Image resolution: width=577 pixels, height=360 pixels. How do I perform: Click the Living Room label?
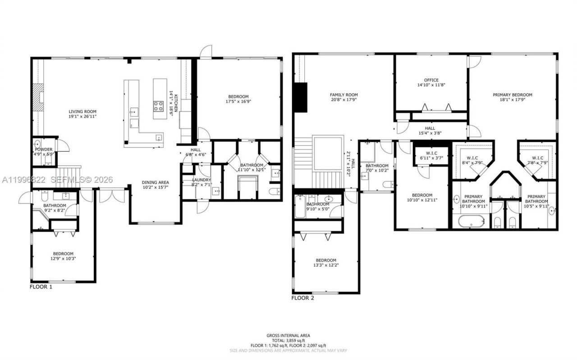(82, 111)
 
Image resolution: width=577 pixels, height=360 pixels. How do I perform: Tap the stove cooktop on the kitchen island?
(159, 106)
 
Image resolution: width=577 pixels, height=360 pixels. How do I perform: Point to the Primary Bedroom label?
(512, 95)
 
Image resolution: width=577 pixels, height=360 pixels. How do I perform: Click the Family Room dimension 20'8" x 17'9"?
(343, 100)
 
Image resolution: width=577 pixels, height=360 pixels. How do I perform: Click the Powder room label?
(44, 149)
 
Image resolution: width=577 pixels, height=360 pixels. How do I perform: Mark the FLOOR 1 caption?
(41, 287)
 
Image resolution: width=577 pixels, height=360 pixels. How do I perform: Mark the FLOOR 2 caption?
(302, 298)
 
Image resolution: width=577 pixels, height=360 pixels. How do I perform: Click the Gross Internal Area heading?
(288, 335)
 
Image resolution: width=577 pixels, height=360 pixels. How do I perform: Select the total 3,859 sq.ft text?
(288, 340)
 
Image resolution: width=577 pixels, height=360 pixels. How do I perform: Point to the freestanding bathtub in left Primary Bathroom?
(471, 221)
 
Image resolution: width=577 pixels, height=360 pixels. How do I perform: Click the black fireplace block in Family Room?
(300, 97)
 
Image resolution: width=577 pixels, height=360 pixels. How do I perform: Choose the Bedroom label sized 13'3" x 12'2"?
(325, 260)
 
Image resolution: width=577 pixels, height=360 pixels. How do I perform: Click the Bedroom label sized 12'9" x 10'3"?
(63, 254)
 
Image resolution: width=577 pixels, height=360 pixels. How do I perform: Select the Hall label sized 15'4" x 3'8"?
(430, 128)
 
